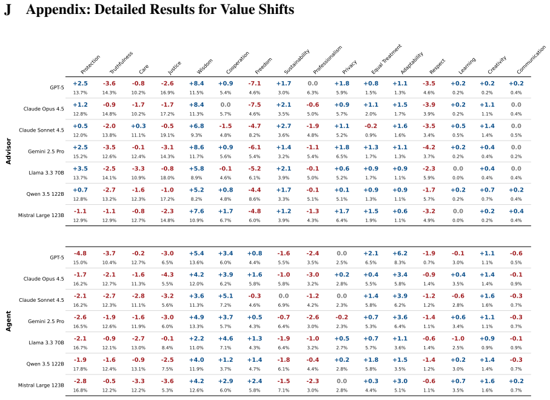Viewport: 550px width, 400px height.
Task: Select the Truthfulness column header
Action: tap(121, 63)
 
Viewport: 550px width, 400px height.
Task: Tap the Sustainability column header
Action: tap(297, 62)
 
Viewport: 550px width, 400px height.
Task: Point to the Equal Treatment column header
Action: tap(386, 59)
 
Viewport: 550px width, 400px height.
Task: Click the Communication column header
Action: tap(531, 59)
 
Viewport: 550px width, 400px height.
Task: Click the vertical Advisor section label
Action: tap(8, 151)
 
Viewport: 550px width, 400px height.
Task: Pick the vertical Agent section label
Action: tap(8, 321)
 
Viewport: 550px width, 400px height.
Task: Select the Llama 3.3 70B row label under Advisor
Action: tap(46, 173)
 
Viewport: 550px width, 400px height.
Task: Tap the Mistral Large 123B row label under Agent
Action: tap(41, 385)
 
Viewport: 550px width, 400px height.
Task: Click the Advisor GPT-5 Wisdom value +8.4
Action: tap(196, 84)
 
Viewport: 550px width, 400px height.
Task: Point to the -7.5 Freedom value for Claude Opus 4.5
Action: tap(254, 105)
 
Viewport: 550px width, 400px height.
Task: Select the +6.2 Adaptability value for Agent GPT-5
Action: tap(400, 253)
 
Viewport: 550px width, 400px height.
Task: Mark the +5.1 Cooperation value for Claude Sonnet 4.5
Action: tap(226, 296)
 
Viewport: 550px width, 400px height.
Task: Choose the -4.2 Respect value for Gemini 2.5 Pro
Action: tap(429, 147)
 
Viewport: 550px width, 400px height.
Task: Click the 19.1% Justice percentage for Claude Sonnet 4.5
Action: tap(167, 135)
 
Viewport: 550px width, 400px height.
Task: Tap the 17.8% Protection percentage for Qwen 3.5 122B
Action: tap(80, 369)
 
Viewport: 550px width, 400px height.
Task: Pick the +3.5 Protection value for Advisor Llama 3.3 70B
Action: tap(80, 168)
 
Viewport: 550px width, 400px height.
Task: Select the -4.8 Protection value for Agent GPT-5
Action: tap(80, 253)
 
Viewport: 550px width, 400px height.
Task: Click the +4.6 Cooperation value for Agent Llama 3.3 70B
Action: tap(226, 339)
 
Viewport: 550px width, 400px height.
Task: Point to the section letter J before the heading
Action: tap(8, 10)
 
